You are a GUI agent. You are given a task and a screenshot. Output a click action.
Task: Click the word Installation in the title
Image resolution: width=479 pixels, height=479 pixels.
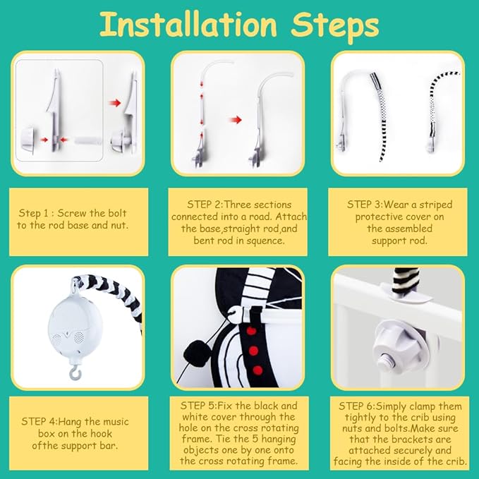click(x=188, y=25)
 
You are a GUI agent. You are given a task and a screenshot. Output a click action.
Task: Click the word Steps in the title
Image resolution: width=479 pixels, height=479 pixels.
click(x=334, y=27)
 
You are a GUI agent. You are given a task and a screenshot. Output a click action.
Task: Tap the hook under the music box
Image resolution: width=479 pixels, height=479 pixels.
click(x=74, y=372)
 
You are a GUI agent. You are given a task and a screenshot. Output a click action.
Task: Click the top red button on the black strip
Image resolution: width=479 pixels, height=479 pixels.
click(x=251, y=331)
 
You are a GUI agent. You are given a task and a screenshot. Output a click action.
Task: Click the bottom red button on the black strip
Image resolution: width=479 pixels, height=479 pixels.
click(x=257, y=370)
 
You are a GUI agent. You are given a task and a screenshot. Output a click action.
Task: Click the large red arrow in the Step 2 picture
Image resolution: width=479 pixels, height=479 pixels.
click(x=235, y=120)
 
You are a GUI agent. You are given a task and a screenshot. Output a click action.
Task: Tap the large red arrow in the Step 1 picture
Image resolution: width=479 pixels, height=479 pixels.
click(x=114, y=103)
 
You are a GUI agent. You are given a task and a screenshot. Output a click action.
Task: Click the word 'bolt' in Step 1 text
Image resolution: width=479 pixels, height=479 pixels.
click(x=117, y=213)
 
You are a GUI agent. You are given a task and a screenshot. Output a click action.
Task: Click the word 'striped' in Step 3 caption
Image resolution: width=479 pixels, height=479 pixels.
click(x=436, y=205)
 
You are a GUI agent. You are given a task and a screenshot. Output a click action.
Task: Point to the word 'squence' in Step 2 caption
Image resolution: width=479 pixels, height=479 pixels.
click(x=265, y=241)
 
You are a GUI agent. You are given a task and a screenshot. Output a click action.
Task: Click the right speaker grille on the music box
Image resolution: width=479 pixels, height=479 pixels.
click(x=79, y=336)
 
